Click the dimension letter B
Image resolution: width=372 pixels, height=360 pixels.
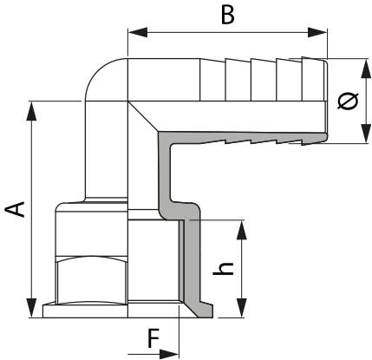pyautogui.click(x=228, y=15)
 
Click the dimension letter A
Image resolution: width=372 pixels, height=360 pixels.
pyautogui.click(x=16, y=209)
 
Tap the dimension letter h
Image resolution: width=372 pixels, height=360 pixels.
pyautogui.click(x=223, y=269)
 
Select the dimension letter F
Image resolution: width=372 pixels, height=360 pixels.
pyautogui.click(x=153, y=338)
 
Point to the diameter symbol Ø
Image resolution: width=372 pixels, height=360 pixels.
pyautogui.click(x=348, y=101)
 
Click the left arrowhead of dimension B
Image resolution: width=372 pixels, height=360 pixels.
pyautogui.click(x=138, y=32)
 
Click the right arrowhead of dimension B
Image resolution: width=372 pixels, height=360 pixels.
pyautogui.click(x=317, y=32)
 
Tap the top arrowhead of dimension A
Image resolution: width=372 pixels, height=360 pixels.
pyautogui.click(x=31, y=111)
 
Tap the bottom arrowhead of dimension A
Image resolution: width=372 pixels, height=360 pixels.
pyautogui.click(x=31, y=308)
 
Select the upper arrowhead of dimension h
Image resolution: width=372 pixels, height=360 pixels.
pyautogui.click(x=242, y=230)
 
